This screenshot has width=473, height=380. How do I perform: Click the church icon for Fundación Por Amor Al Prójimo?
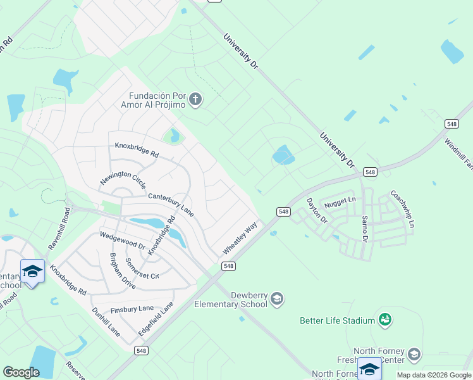tap(195, 99)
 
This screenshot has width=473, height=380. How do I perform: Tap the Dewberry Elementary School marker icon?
tap(276, 298)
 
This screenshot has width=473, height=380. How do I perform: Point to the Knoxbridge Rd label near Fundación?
tap(136, 149)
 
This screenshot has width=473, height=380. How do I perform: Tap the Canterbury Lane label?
tap(171, 205)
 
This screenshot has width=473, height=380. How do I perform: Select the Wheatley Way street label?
tap(240, 238)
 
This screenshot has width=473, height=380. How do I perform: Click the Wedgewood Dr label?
tap(123, 241)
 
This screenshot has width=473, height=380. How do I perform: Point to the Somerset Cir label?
tap(142, 269)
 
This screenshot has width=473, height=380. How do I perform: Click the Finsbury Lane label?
tap(132, 308)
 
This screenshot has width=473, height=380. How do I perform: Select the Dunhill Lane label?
tap(105, 321)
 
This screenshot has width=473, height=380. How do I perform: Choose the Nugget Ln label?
tap(340, 203)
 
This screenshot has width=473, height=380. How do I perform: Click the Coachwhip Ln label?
tap(402, 210)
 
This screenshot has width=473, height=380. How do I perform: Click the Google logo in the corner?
tap(21, 372)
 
